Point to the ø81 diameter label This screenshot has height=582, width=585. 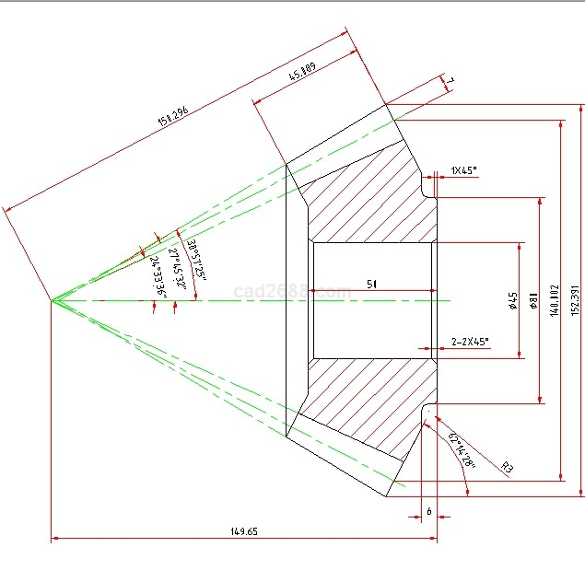click(533, 300)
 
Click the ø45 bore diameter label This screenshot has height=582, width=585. click(513, 300)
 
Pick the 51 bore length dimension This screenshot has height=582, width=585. click(371, 285)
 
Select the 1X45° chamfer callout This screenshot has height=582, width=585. click(464, 170)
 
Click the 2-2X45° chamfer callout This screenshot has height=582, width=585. click(470, 342)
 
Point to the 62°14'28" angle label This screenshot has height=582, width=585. click(461, 450)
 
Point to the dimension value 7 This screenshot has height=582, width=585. click(450, 84)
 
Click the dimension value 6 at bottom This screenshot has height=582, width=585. click(428, 510)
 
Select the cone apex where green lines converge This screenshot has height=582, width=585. click(52, 300)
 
